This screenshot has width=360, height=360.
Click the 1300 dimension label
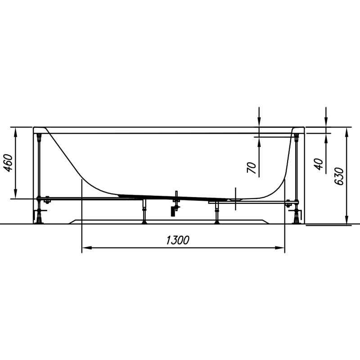pyautogui.click(x=177, y=240)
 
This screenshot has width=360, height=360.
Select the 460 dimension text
pyautogui.click(x=8, y=163)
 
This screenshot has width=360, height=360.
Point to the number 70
pyautogui.click(x=252, y=167)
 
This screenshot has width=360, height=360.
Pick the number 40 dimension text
pyautogui.click(x=319, y=164)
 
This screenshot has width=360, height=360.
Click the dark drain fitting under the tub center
pyautogui.click(x=172, y=210)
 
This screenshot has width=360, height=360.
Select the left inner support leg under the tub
pyautogui.click(x=144, y=212)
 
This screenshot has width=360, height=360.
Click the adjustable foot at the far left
pyautogui.click(x=40, y=217)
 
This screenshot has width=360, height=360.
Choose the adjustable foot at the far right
pyautogui.click(x=297, y=217)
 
